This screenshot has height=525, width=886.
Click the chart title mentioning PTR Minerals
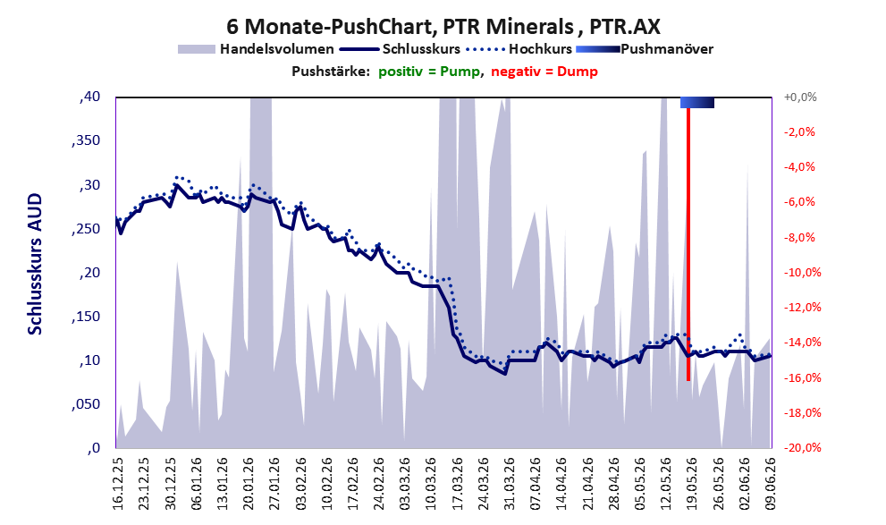click(443, 26)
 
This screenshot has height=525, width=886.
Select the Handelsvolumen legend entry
click(256, 49)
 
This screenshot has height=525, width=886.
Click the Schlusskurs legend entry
click(400, 49)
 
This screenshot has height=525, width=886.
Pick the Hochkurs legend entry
click(519, 49)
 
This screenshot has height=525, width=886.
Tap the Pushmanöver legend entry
click(645, 49)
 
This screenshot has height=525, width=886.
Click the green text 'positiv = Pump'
click(429, 72)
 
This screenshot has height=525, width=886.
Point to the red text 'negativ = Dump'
click(544, 72)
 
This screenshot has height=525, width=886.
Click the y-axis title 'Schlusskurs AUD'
click(35, 264)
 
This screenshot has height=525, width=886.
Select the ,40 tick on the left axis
click(89, 97)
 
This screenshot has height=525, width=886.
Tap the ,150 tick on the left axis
click(86, 317)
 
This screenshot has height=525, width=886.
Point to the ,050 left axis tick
click(86, 404)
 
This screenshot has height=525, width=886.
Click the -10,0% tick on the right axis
click(802, 273)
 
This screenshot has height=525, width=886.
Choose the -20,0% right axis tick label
click(802, 447)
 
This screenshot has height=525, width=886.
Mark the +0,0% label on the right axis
click(800, 97)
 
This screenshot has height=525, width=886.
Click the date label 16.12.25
click(118, 484)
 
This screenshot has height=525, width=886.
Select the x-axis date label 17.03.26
click(457, 484)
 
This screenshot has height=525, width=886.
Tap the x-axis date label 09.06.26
click(771, 484)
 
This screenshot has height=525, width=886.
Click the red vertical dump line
click(688, 244)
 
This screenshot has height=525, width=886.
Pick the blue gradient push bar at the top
click(697, 102)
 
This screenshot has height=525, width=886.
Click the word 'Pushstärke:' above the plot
click(331, 72)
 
